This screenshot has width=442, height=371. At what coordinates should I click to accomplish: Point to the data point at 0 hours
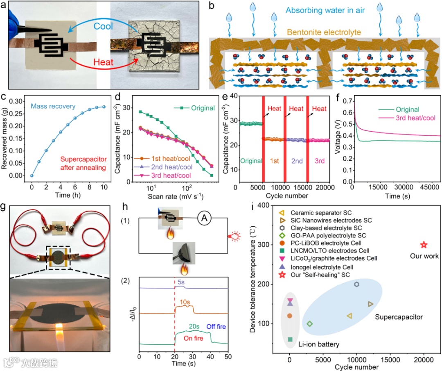click(32, 175)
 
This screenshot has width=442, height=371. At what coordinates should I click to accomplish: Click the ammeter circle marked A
click(203, 219)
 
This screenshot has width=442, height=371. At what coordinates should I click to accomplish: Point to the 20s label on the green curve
click(193, 327)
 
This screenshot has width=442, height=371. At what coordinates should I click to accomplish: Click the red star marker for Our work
click(424, 245)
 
